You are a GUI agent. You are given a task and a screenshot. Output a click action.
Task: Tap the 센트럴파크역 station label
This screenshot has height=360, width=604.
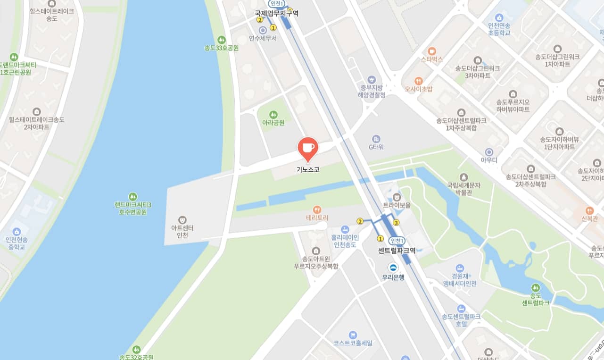click(x=397, y=251)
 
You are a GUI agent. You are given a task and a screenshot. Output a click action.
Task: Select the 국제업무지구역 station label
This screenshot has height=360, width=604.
click(x=276, y=14)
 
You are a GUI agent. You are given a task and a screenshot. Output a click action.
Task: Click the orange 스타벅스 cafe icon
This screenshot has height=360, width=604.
click(x=432, y=51)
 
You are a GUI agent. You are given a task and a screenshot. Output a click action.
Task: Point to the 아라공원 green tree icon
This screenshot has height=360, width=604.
click(x=273, y=114)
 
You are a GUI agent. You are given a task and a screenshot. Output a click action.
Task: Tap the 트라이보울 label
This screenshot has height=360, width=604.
click(x=397, y=206)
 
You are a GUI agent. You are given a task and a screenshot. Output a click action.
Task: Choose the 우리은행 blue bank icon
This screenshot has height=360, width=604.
click(x=393, y=267)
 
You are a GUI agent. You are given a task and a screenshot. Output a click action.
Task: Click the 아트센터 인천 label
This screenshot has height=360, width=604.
click(x=182, y=232)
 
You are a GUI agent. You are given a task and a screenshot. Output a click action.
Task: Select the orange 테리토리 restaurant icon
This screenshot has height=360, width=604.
click(x=317, y=209)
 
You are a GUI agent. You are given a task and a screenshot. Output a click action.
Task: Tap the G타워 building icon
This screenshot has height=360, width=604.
click(x=376, y=139)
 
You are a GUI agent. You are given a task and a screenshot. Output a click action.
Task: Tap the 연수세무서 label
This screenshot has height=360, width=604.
click(x=263, y=38)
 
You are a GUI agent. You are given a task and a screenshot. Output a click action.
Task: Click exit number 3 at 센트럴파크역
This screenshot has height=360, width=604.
click(x=396, y=223)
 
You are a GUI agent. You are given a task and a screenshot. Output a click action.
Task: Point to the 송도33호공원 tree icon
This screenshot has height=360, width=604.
click(x=222, y=40)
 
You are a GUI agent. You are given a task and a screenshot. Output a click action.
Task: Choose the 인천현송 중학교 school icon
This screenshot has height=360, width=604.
click(x=17, y=232)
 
